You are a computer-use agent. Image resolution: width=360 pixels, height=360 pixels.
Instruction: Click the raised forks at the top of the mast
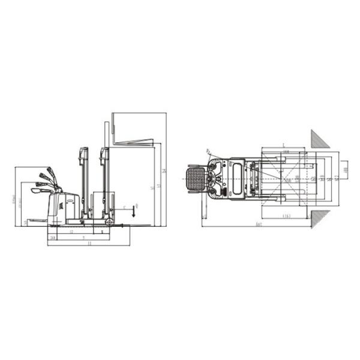pos(135,142)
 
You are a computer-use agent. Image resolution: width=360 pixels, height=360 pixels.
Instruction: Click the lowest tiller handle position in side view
pos(40,190)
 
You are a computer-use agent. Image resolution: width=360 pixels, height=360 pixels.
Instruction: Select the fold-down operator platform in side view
pos(36,220)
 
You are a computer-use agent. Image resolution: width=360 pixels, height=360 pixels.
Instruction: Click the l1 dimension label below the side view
pos(89,244)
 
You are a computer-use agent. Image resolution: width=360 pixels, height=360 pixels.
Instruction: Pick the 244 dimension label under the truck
pos(53,237)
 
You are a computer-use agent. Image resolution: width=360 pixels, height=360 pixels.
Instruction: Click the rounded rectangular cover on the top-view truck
pos(237,178)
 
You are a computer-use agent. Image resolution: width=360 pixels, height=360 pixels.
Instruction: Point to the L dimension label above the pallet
pos(283,146)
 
